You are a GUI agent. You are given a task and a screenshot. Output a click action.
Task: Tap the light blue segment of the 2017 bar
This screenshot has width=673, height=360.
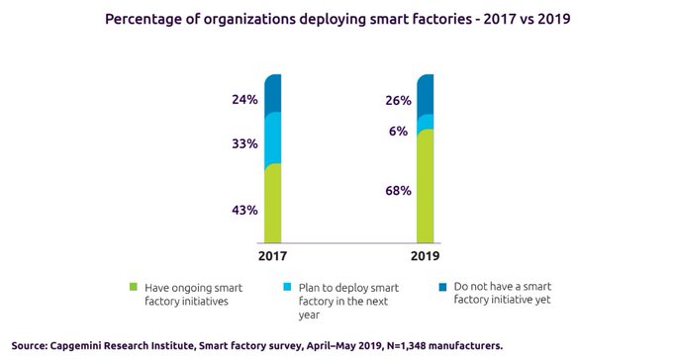pyautogui.click(x=273, y=137)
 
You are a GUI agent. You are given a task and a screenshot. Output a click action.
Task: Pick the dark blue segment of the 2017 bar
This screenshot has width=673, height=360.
pyautogui.click(x=273, y=93)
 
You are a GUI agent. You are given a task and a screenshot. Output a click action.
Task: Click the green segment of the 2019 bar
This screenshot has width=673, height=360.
pyautogui.click(x=425, y=185)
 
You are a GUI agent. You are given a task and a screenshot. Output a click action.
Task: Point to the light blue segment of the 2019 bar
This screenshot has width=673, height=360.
pyautogui.click(x=425, y=122)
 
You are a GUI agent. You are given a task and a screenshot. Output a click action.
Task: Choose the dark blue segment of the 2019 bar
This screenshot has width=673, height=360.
pyautogui.click(x=425, y=94)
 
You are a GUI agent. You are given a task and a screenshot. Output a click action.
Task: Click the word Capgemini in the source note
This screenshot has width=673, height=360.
pyautogui.click(x=88, y=345)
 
